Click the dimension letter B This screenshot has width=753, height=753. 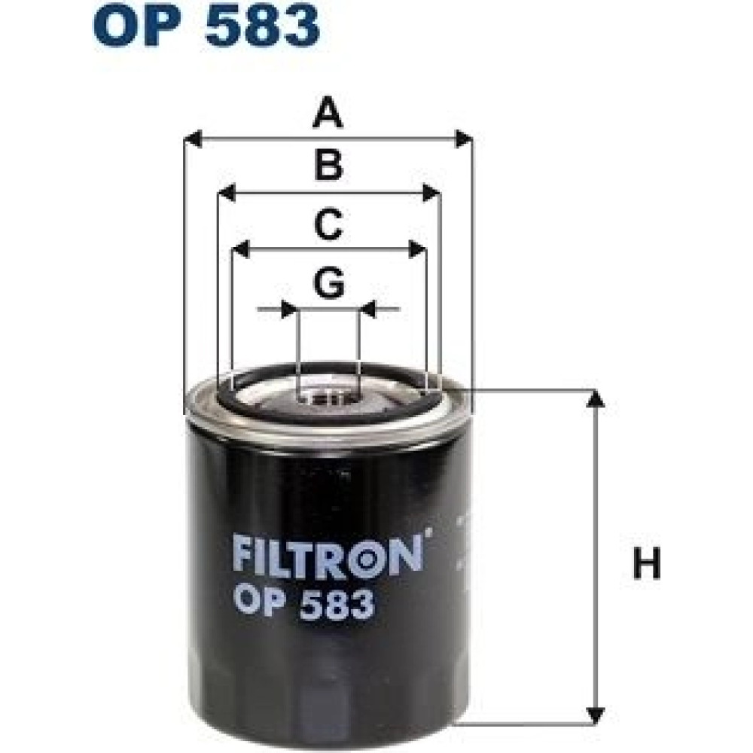pyautogui.click(x=328, y=165)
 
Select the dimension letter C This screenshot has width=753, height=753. pyautogui.click(x=328, y=224)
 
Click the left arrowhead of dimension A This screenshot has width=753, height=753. pyautogui.click(x=193, y=139)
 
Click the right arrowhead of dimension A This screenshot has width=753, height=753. pyautogui.click(x=463, y=139)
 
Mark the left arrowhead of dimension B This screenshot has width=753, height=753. pyautogui.click(x=226, y=193)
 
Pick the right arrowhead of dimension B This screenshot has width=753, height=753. pyautogui.click(x=431, y=193)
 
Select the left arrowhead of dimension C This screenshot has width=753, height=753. pyautogui.click(x=240, y=249)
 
